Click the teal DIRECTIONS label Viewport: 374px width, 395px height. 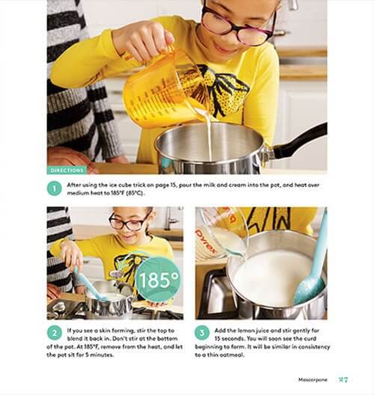pos(67,171)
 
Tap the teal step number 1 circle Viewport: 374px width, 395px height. pos(54,189)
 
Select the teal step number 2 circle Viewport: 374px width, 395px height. pos(55,333)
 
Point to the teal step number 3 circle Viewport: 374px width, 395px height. pos(202,333)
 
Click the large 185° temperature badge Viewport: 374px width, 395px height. pos(158,280)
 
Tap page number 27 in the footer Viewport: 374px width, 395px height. pos(343,379)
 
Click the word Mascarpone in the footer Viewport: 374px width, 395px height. pos(313,379)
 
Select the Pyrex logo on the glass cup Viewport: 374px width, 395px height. pos(205,241)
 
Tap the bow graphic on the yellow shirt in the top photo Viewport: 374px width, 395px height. pos(221,90)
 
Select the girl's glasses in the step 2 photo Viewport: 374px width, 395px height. pos(130,221)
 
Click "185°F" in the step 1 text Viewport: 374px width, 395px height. pos(117,193)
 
